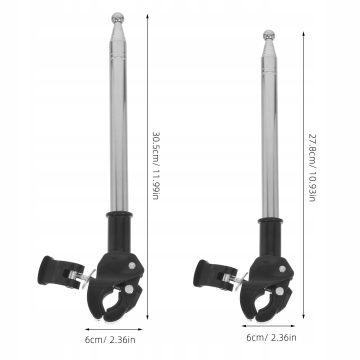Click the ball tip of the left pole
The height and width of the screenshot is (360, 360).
[118, 17]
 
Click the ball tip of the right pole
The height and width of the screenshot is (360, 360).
[269, 35]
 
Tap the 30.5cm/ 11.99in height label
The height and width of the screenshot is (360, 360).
[155, 165]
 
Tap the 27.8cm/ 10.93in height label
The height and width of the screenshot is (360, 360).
[312, 167]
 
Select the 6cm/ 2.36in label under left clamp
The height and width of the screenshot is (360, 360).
[110, 339]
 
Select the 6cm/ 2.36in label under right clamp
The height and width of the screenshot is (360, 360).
[271, 337]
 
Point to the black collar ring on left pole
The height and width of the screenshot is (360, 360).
[119, 215]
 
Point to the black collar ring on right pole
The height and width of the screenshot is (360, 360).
[270, 221]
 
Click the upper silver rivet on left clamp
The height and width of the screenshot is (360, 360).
[132, 265]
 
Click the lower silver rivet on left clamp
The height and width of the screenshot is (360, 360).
[129, 288]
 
